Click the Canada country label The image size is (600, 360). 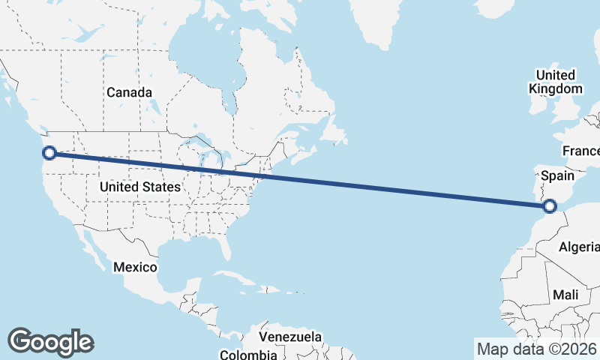pos(129,92)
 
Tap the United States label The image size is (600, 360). pos(139,187)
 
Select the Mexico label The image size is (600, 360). pos(135,267)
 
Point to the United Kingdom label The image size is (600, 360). pos(555,82)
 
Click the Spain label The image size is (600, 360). pos(556,176)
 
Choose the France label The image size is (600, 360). pos(582,151)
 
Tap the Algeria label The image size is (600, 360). pos(579,247)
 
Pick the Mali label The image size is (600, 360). pos(565,295)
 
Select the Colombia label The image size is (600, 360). pos(248,353)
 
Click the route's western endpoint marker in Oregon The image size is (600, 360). pos(49,153)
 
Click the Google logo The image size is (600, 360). pos(50,342)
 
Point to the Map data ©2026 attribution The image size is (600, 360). pos(536,349)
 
